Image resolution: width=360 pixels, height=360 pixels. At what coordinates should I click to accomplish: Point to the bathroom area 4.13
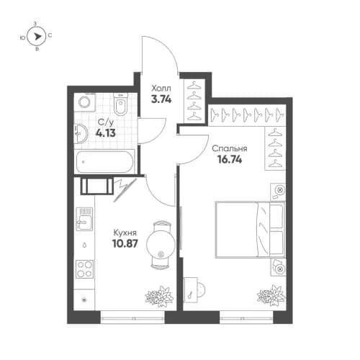105,134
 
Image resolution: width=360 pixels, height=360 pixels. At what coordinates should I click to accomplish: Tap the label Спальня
230,149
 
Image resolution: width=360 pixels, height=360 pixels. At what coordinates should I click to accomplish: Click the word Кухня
126,233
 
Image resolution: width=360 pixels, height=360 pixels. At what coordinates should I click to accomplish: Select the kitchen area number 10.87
125,245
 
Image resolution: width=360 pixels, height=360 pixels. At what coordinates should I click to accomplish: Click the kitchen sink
85,216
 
